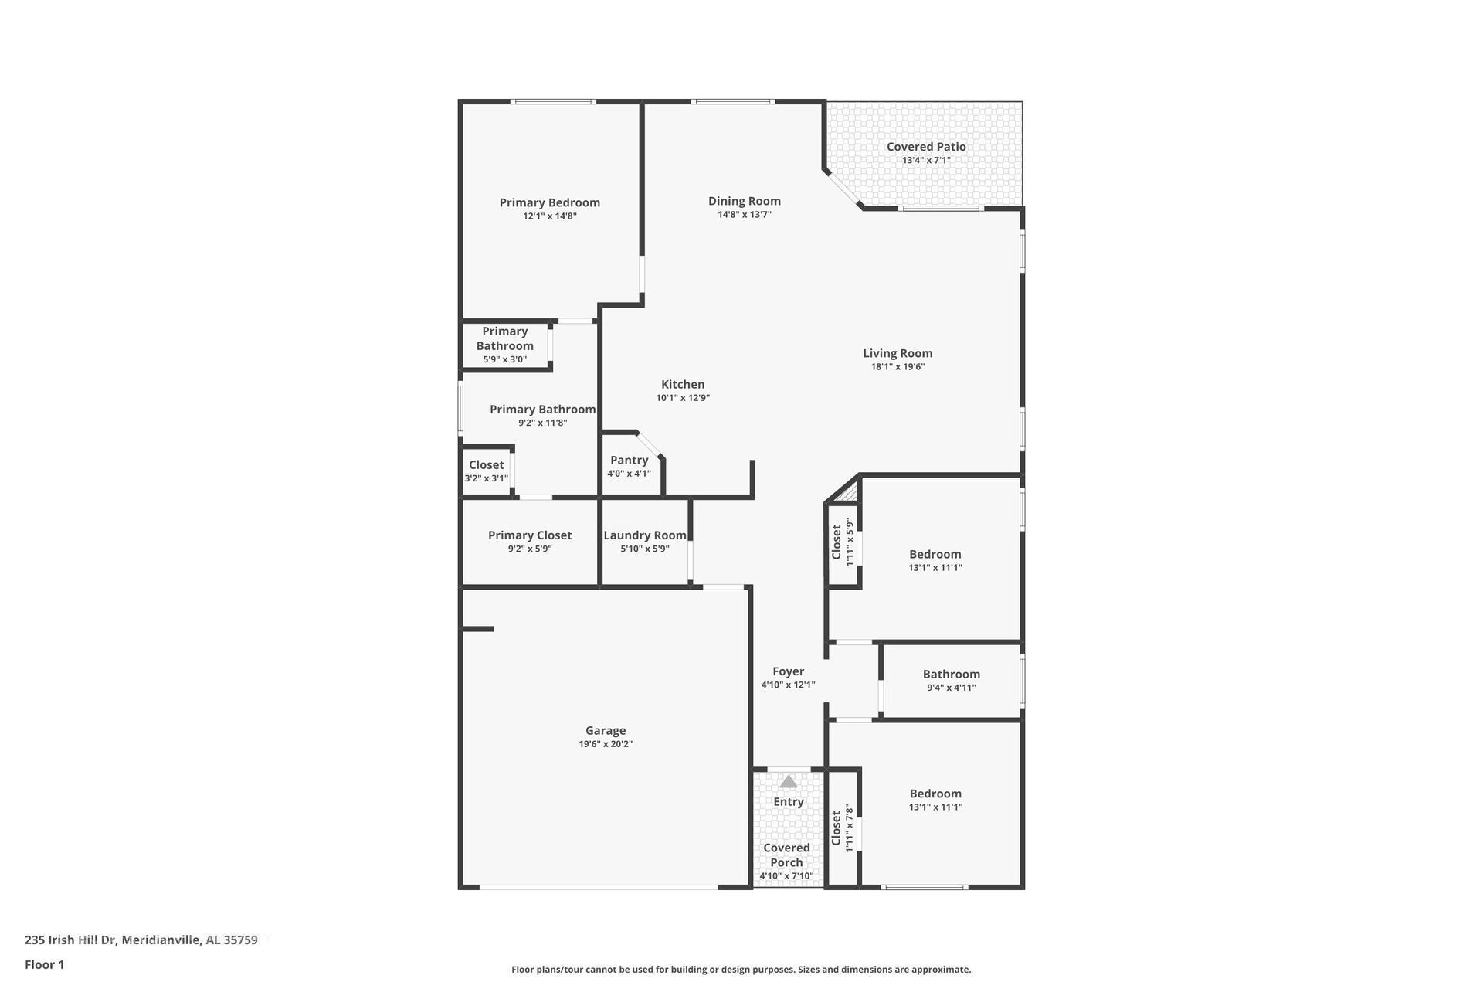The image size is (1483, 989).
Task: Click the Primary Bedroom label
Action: pos(549,202)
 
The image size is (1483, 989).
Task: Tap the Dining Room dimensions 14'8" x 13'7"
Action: pos(744,215)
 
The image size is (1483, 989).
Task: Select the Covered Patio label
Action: pos(925,146)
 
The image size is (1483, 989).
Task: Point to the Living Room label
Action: pos(897,353)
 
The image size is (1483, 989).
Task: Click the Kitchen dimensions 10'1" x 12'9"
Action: pos(683,398)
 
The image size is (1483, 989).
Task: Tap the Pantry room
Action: pos(629,466)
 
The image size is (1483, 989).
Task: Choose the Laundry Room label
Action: pos(644,535)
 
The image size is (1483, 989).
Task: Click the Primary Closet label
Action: pos(529,535)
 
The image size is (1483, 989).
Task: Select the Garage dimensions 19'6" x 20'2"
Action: pos(606,744)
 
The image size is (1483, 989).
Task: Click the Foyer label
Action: pos(788,671)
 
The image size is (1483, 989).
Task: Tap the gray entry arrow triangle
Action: pos(788,781)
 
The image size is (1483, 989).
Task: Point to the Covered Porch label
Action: pos(786,855)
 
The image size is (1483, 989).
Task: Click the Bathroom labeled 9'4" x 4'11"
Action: pos(951,680)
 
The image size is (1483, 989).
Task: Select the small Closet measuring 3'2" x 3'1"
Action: pos(486,471)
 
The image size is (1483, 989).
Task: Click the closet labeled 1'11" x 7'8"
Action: pos(841,828)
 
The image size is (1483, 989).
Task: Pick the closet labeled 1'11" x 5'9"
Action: pos(842,542)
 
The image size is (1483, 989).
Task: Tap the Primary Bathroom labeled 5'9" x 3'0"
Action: pos(504,345)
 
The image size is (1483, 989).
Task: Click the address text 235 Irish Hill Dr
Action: pos(141,940)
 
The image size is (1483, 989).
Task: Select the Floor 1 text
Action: pos(44,964)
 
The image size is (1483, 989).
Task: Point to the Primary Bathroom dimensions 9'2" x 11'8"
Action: pos(542,423)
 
